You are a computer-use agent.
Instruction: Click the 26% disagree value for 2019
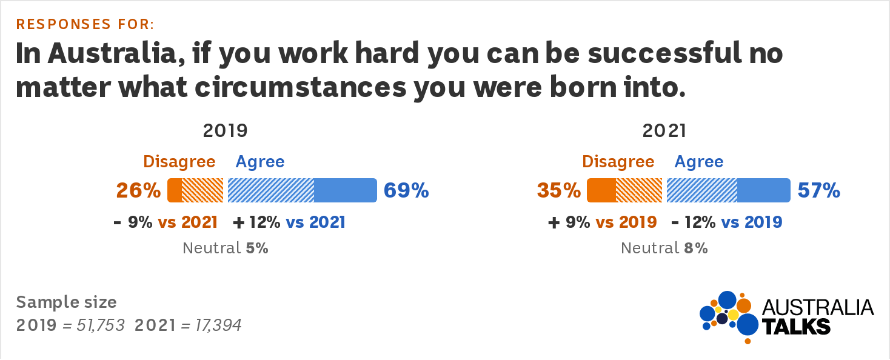pos(139,190)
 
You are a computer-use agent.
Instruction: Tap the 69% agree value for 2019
pos(406,190)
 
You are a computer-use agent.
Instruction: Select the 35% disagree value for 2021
pos(558,190)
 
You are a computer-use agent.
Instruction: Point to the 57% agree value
pos(819,190)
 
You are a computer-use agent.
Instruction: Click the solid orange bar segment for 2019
pos(175,190)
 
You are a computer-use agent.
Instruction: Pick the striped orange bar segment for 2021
pos(639,190)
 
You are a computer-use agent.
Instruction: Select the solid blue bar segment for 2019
pos(346,190)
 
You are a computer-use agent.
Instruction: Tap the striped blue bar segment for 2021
pos(702,190)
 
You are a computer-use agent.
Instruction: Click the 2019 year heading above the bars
pos(226,131)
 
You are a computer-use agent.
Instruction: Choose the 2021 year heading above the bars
pos(664,131)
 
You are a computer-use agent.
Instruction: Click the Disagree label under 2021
pos(618,162)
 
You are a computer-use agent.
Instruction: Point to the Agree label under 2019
pos(260,162)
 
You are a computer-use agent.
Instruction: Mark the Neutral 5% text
pos(226,248)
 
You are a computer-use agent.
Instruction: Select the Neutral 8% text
pos(664,248)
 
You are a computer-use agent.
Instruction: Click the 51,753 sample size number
pos(101,325)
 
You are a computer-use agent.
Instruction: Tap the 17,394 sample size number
pos(218,325)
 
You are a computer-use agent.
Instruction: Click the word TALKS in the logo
pos(796,327)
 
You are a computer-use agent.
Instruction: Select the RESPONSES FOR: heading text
pos(85,24)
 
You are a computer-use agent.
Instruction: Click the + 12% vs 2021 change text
pos(289,222)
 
